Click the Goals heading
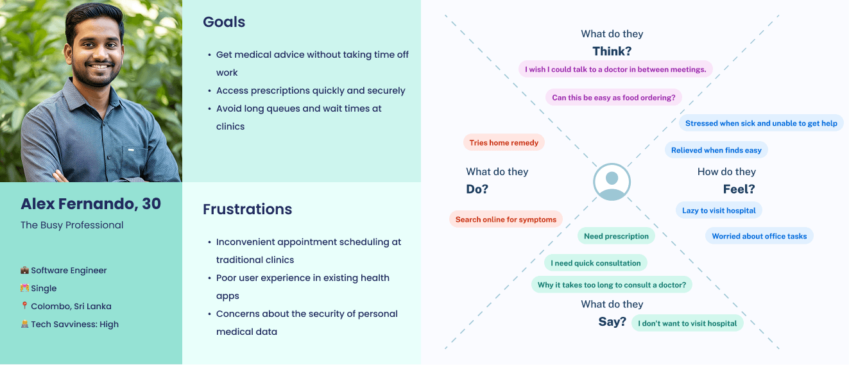coord(224,22)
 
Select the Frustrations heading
coord(247,209)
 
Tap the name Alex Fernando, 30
coord(90,204)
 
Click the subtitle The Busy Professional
coord(72,225)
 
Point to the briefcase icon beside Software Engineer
coord(24,271)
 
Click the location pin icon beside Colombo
coord(24,307)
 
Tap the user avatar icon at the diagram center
coord(612,182)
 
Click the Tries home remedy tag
coord(504,143)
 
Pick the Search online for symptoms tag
coord(506,219)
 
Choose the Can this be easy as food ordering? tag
coord(613,98)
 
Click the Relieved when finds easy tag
coord(716,150)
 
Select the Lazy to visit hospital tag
coord(719,210)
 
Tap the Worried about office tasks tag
coord(759,236)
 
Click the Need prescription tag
coord(616,236)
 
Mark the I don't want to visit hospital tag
coord(687,323)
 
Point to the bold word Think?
coord(612,51)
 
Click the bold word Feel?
coord(739,189)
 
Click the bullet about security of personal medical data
coord(306,323)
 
